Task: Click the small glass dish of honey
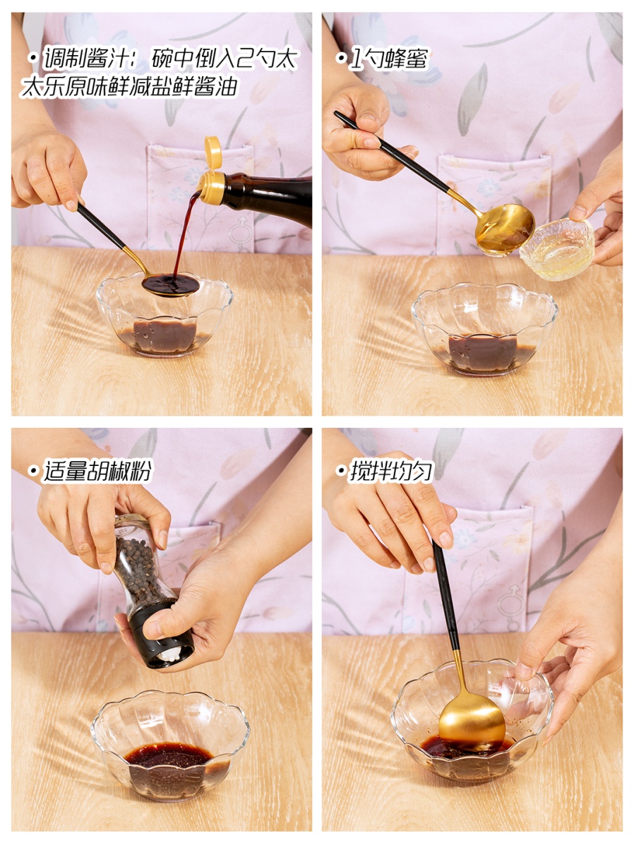tap(557, 248)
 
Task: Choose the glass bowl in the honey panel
tap(484, 330)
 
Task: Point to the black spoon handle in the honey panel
tap(393, 152)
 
